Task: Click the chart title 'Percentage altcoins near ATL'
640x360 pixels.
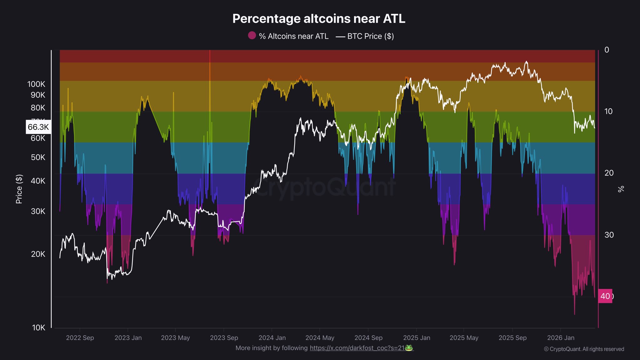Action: tap(319, 19)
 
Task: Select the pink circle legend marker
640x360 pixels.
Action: tap(252, 36)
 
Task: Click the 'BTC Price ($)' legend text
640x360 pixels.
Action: tap(370, 36)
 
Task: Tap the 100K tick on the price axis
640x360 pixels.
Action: tap(36, 84)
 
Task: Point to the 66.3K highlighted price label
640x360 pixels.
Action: tap(38, 127)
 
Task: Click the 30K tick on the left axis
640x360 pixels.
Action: tap(38, 211)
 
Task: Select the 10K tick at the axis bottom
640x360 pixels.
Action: tap(39, 327)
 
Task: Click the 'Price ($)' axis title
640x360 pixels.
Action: tap(19, 189)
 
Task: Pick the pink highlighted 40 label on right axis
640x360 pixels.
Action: tap(605, 296)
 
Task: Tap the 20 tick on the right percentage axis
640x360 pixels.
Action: tap(609, 173)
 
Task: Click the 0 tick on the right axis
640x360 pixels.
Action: tap(607, 50)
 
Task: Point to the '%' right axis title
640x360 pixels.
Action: tap(621, 189)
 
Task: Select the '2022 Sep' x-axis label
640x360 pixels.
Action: tap(80, 338)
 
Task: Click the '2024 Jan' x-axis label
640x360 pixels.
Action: tap(272, 338)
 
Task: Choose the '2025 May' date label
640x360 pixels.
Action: tap(464, 338)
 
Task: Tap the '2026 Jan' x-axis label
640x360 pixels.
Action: tap(561, 338)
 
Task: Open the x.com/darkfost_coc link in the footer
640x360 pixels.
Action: tap(357, 348)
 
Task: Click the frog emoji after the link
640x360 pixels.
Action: tap(409, 348)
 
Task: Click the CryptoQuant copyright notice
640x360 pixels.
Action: tap(584, 349)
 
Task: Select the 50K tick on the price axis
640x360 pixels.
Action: tap(38, 157)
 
